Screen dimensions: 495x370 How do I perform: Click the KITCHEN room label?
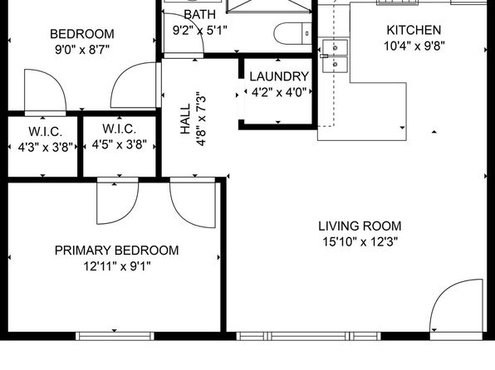pos(414,31)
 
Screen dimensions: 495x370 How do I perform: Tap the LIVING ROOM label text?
pos(360,226)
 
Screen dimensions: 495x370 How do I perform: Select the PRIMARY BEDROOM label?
pos(116,251)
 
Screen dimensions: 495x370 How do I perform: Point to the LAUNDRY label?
pos(279,76)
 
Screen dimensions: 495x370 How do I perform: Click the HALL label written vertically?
pos(185,119)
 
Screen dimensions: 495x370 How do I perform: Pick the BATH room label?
pos(199,14)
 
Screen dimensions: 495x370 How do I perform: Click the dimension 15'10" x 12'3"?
pos(360,242)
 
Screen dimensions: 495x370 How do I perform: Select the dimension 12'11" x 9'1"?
pos(116,266)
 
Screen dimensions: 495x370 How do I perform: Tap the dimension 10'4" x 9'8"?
pos(414,46)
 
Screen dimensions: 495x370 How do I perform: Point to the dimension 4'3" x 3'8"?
pos(46,147)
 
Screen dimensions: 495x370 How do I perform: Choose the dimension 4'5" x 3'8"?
pos(120,145)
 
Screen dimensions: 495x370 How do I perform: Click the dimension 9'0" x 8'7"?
pos(82,50)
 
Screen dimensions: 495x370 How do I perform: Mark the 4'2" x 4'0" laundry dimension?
pos(279,93)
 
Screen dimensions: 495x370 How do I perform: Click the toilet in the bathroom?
pos(292,33)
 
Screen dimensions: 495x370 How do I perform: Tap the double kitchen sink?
pos(335,56)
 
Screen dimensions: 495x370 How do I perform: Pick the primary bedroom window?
pos(115,336)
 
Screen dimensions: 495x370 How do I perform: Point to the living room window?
pos(309,336)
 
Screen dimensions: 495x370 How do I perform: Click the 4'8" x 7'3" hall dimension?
pos(201,119)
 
